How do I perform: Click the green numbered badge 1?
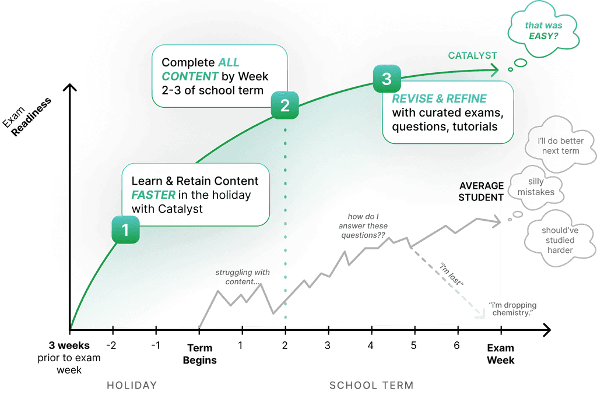[x=125, y=230]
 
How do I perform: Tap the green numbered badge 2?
[x=285, y=105]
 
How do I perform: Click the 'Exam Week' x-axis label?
[x=500, y=354]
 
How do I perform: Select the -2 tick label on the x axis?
[x=112, y=344]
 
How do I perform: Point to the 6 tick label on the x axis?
[x=457, y=344]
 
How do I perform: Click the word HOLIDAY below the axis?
[x=132, y=385]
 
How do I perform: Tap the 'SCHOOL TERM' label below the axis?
[x=371, y=385]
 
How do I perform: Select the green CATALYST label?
[x=472, y=55]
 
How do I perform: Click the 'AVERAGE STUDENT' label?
[x=481, y=191]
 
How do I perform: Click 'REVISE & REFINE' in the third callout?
[x=439, y=98]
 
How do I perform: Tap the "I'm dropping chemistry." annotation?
[x=513, y=309]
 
